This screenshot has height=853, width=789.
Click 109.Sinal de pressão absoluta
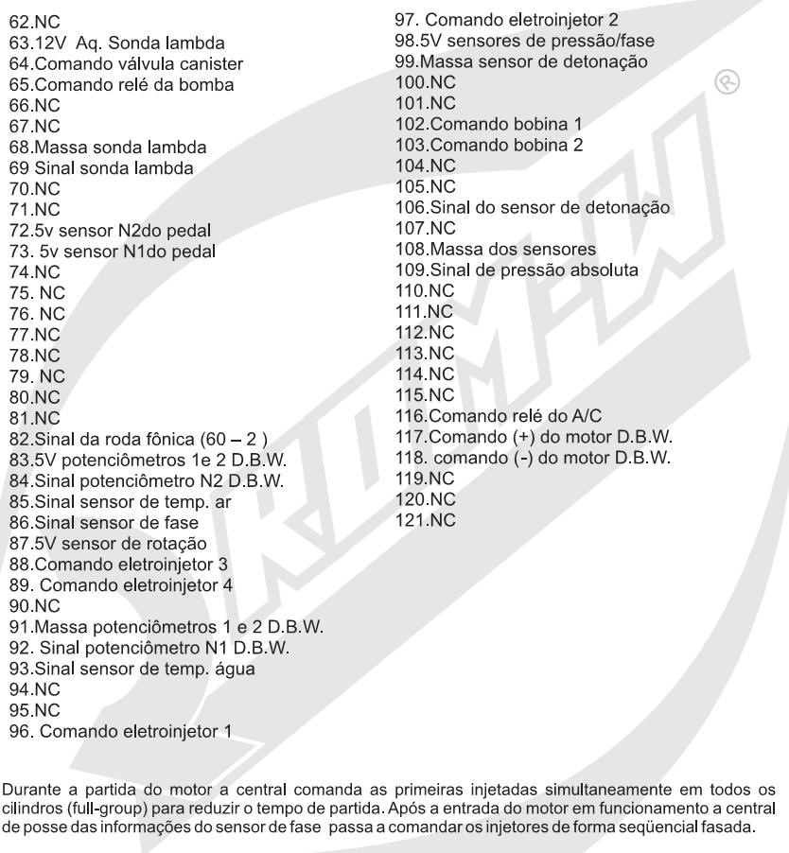point(517,269)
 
